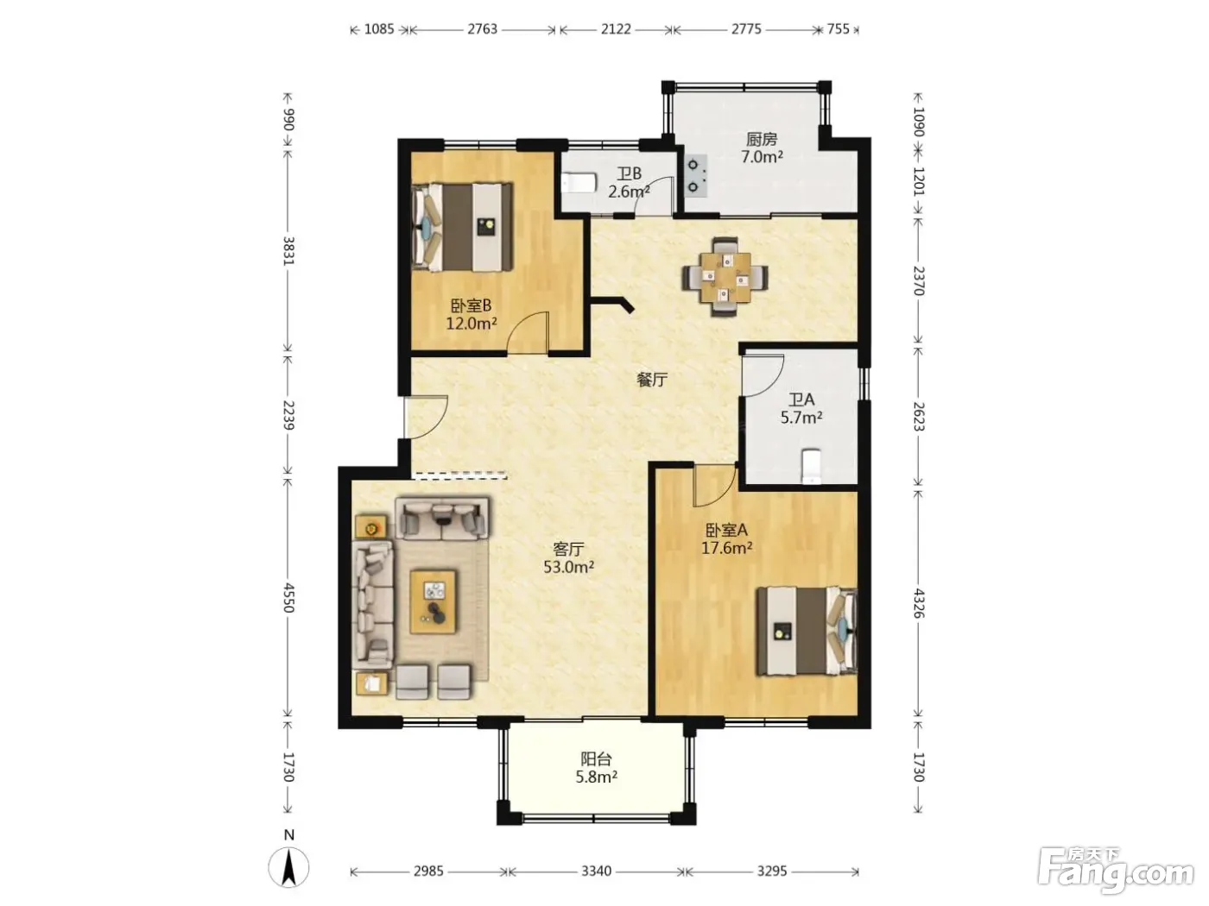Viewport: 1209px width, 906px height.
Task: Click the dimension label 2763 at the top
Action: coord(482,29)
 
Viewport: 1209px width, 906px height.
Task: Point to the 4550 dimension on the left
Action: coord(288,598)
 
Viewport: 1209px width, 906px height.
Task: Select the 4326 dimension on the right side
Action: coord(918,603)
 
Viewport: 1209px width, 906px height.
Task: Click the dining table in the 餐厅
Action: coord(725,277)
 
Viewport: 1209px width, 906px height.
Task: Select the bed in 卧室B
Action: coord(462,227)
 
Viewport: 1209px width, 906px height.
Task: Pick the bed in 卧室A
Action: coord(807,631)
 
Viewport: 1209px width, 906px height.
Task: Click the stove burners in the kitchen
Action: coord(693,176)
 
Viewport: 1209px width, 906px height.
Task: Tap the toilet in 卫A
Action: coord(810,467)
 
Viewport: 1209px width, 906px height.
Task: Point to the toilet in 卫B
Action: coord(579,182)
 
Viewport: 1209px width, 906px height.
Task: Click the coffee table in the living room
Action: coord(434,601)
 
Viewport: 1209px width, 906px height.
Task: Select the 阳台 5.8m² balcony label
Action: coord(596,768)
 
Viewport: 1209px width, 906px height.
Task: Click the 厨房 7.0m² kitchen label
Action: coord(762,148)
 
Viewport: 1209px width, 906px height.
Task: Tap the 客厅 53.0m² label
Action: coord(568,557)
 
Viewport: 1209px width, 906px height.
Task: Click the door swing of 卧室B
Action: coord(528,332)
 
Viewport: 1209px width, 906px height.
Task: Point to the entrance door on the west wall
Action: coord(425,417)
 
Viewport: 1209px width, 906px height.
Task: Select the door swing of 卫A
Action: coord(763,375)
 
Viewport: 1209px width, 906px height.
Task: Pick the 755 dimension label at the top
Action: coord(839,29)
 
